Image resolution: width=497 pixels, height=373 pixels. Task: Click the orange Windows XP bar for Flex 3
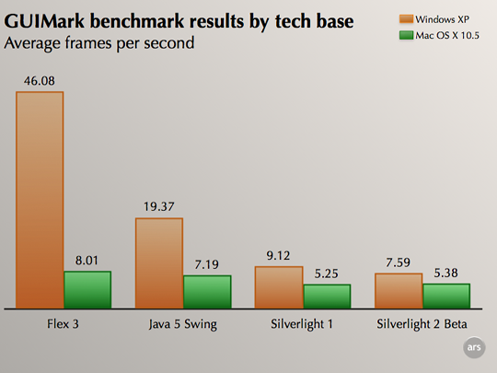coord(40,200)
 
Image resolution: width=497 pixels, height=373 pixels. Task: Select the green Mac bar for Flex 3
coord(87,289)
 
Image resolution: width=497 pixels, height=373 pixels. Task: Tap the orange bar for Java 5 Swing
coord(159,262)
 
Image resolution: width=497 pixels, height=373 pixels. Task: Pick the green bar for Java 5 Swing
coord(207,292)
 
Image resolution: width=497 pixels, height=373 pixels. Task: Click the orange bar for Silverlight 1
coord(279,287)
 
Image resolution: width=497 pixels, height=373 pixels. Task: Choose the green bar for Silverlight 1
coord(327,297)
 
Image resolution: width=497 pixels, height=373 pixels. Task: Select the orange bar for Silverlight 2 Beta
coord(399,290)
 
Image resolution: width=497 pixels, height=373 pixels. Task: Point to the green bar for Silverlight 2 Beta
coord(446,296)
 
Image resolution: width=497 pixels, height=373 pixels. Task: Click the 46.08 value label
coord(40,81)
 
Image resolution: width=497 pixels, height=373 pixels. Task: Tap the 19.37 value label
coord(159,207)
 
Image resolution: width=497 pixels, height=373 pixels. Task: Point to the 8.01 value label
coord(87,261)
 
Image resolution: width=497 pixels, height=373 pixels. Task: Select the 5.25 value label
coord(327,274)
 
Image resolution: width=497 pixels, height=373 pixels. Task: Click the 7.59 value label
coord(399,262)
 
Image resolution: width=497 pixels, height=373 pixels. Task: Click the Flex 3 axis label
coord(63,324)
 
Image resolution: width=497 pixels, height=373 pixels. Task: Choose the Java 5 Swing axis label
coord(183,324)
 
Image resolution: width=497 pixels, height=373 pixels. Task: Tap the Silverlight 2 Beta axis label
coord(422,324)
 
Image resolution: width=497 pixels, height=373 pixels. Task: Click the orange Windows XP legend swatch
coord(407,19)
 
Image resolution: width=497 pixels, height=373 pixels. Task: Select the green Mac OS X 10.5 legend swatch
coord(407,35)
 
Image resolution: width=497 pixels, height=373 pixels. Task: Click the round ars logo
coord(474,347)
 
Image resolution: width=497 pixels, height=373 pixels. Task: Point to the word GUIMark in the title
coord(44,21)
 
